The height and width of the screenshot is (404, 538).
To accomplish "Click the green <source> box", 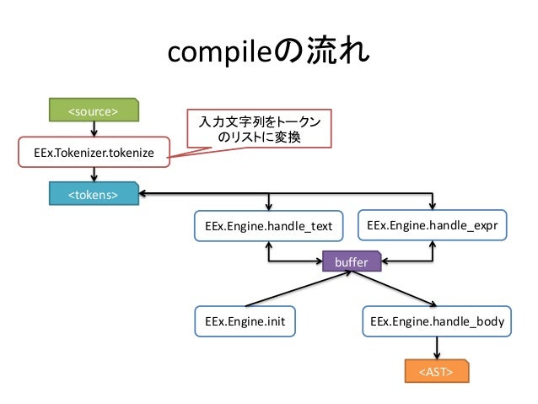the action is coord(94,110).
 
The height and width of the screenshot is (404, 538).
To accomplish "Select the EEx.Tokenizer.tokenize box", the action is coord(94,152).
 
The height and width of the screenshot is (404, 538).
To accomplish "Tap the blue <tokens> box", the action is coord(94,194).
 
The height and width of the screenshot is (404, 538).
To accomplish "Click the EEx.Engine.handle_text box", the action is coord(269,226).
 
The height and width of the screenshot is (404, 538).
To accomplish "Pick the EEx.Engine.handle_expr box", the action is coord(433,225).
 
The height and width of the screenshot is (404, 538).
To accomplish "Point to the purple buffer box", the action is coord(352,261).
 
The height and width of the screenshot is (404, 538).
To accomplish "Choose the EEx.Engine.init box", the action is coord(245,321).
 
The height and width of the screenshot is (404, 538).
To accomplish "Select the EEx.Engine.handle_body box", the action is coord(437,321).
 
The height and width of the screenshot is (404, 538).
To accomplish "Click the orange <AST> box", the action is coord(437,371).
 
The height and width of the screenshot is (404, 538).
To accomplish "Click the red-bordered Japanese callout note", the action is coord(260,129).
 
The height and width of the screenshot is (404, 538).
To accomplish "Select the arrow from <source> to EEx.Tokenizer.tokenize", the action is coord(94,129).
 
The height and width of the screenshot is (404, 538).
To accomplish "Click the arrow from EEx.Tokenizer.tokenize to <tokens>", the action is coord(94,175).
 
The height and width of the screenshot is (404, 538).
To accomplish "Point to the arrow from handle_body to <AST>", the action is coord(437,348).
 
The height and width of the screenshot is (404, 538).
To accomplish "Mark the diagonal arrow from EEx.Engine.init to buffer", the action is coord(299,288).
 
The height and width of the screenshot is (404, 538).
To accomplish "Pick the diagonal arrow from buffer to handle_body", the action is coord(394,288).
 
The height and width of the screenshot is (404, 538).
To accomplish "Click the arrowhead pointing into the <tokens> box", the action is coord(143,194).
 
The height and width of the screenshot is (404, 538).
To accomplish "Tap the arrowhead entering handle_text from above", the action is coord(269,207).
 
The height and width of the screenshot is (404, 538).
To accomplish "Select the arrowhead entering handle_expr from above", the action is coord(433,206).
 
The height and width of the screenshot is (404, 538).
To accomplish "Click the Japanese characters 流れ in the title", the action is coord(338,51).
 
